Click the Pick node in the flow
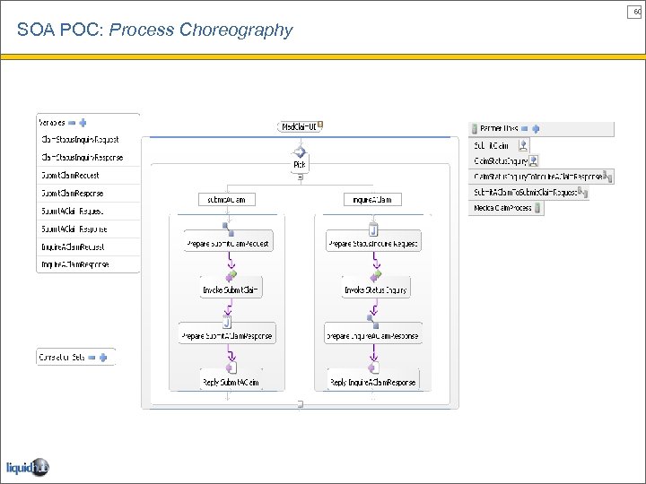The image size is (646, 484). [x=299, y=165]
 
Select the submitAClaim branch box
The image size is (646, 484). [x=227, y=199]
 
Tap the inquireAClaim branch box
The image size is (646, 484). [x=372, y=199]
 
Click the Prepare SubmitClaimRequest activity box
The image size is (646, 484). [x=227, y=244]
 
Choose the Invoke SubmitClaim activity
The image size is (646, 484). [x=230, y=290]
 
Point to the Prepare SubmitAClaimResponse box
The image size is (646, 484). [x=227, y=336]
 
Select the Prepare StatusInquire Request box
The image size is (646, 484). [x=373, y=244]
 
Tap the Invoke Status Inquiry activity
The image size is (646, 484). [x=376, y=290]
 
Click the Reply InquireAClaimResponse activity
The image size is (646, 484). [x=373, y=382]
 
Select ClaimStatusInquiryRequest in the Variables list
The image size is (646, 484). [x=80, y=140]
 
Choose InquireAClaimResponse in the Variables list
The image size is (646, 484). [x=75, y=264]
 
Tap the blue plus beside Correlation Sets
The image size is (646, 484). [x=103, y=357]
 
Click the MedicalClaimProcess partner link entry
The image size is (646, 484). [x=503, y=208]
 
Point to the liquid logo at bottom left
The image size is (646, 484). [x=27, y=467]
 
